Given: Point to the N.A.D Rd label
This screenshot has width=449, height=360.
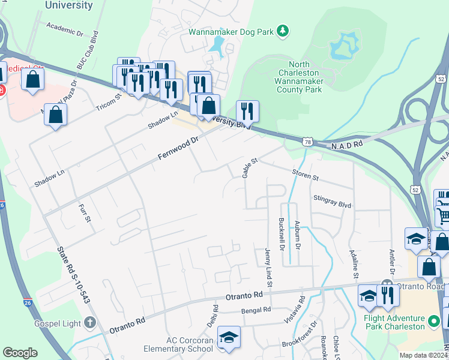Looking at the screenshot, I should click(x=348, y=145).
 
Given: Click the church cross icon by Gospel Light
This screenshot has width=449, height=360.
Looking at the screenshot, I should click(x=90, y=323).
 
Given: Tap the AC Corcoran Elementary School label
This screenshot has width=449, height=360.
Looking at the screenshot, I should click(x=179, y=344).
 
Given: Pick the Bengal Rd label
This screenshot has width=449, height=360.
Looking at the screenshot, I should click(x=256, y=311).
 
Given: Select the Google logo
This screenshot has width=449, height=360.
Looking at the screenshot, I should click(x=20, y=352).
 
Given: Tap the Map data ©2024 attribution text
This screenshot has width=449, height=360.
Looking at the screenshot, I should click(x=423, y=355).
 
